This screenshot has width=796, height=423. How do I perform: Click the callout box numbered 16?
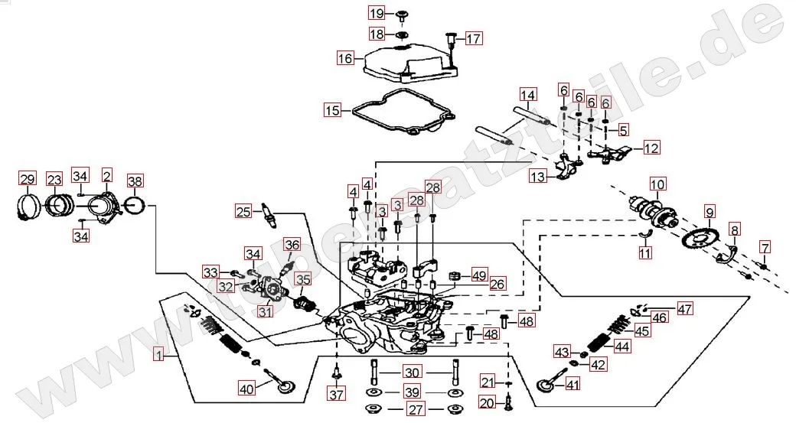(345, 57)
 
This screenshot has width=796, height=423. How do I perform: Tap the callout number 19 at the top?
(377, 14)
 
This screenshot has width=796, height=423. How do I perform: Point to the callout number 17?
(475, 38)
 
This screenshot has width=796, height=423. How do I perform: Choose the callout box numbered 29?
(28, 180)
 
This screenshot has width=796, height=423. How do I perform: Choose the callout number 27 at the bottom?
(416, 410)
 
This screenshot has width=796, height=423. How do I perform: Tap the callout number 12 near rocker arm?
(651, 148)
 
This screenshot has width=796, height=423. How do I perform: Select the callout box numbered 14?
(528, 96)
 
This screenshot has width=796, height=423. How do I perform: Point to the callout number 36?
(292, 245)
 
